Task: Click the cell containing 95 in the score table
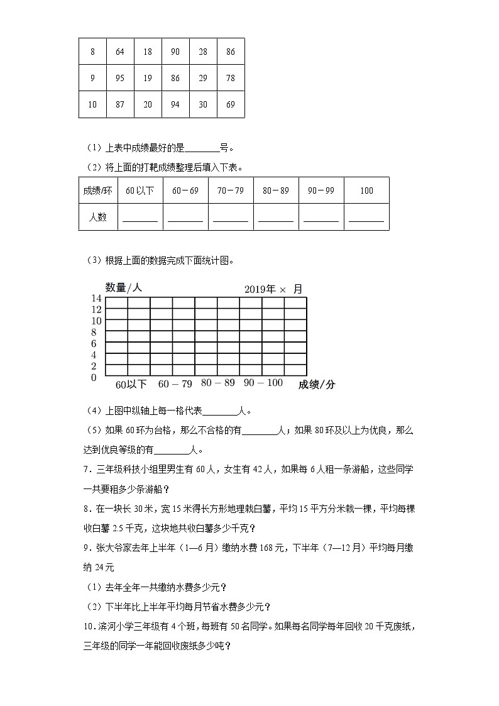click(120, 78)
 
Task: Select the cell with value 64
click(120, 52)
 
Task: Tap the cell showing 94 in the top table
click(175, 104)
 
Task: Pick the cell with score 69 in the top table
click(231, 104)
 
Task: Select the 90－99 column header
click(321, 190)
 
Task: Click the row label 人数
click(97, 217)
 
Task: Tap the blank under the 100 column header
click(366, 218)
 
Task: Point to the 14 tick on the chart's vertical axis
click(96, 298)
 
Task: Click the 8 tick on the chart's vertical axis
click(94, 332)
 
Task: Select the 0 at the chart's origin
click(94, 377)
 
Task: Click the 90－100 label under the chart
click(263, 383)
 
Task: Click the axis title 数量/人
click(124, 287)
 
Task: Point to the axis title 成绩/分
click(317, 385)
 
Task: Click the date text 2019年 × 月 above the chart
click(273, 289)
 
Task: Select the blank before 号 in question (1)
click(202, 149)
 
